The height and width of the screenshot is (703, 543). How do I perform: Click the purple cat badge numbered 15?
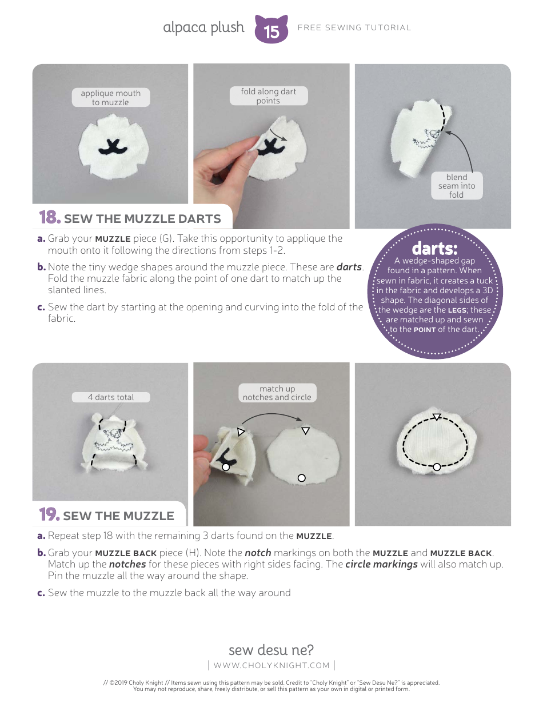pos(271,30)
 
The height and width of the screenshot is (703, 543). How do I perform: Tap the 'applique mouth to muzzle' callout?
pos(110,98)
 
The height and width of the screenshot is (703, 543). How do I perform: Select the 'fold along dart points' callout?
pos(268,96)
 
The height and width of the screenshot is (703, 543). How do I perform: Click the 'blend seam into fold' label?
pos(457,186)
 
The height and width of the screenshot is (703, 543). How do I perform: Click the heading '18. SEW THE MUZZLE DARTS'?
pos(130,218)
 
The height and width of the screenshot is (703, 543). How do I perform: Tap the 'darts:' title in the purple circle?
pos(435,249)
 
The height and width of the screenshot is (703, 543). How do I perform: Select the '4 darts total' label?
pos(111,397)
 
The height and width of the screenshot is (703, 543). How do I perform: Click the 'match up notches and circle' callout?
pos(277,393)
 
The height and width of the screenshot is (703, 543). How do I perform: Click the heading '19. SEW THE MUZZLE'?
pos(107,516)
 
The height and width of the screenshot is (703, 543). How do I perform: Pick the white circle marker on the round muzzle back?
pos(302,478)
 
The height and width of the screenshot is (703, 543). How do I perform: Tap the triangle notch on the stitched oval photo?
pos(436,417)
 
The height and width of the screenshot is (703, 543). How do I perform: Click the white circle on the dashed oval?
pos(437,467)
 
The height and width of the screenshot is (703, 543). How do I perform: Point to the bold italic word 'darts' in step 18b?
pos(349,267)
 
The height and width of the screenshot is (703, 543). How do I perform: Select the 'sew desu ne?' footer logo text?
pos(271,650)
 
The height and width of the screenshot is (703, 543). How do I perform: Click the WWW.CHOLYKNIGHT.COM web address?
pos(271,665)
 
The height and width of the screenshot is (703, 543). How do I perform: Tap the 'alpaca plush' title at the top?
pos(203,27)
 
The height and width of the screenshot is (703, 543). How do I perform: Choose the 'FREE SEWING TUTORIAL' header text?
pos(354,27)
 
